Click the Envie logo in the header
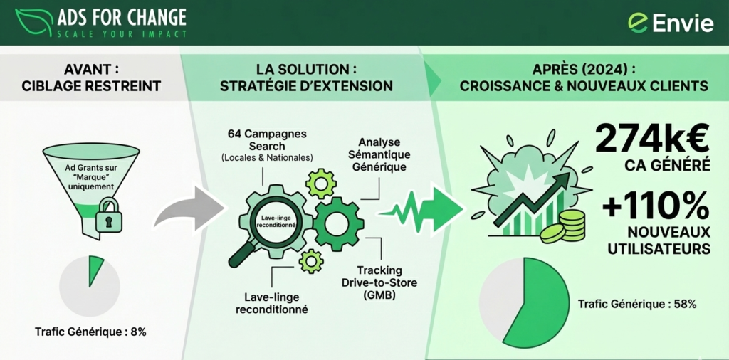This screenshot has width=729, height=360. coord(671,23)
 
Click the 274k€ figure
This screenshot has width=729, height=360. coord(651,139)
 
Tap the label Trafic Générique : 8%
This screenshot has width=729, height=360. coord(90,332)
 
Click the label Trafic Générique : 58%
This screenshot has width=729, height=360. coord(637,304)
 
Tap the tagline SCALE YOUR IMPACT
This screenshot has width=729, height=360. coord(122,33)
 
